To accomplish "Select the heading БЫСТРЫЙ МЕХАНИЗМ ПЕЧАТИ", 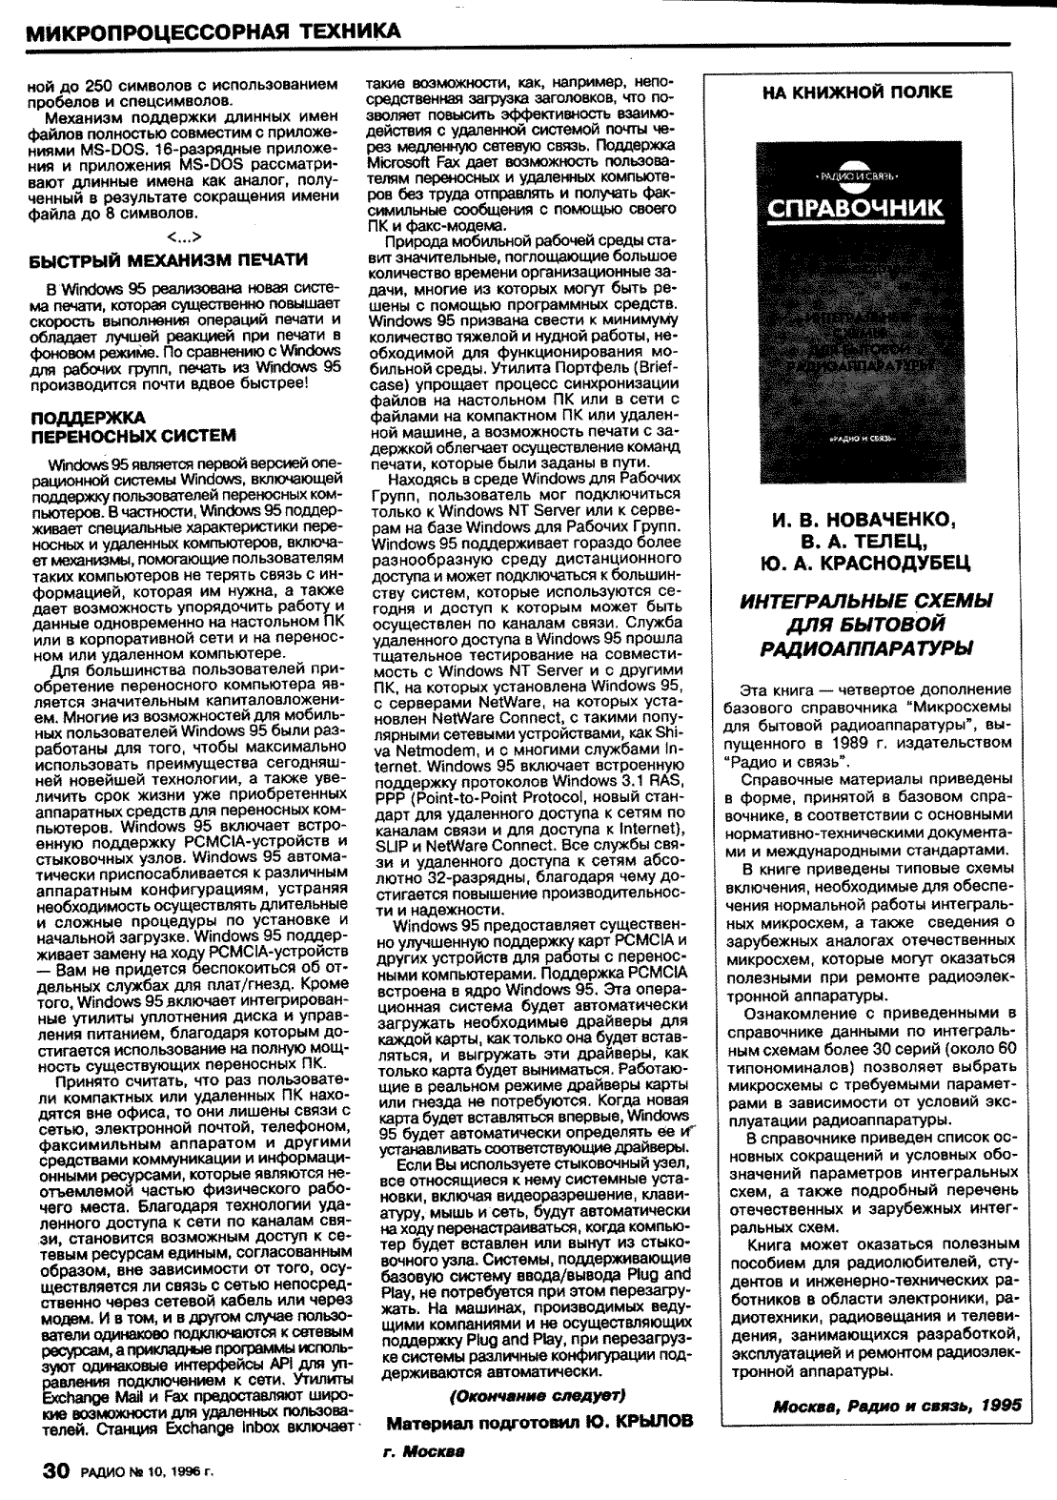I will pyautogui.click(x=169, y=259).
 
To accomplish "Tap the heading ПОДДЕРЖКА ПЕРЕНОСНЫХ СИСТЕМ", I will pyautogui.click(x=132, y=427).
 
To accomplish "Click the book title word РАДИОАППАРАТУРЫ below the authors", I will pyautogui.click(x=865, y=648).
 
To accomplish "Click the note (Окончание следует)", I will pyautogui.click(x=537, y=1395).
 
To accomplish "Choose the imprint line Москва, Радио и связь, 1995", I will pyautogui.click(x=897, y=1406).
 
